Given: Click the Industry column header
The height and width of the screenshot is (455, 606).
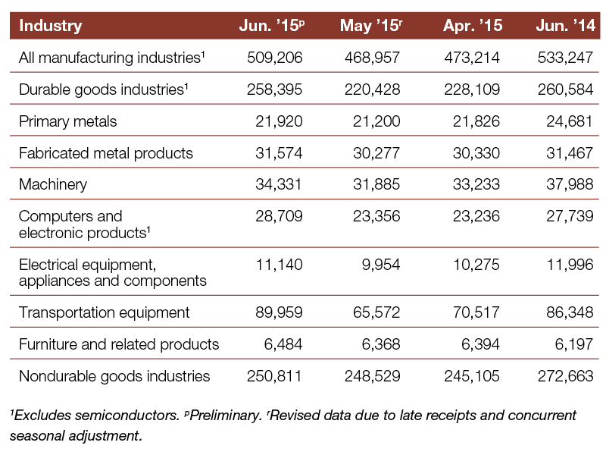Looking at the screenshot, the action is coord(51,26).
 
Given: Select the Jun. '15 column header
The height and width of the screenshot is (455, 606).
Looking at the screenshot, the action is coord(272,26).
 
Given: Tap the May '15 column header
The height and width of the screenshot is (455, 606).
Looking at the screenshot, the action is coord(371,26).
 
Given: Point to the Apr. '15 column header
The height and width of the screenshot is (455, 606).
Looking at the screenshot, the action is coord(473,26).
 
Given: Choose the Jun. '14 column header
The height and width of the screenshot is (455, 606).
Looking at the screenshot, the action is coord(565,26).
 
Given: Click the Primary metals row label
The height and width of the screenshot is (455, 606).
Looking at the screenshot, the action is coord(67,121).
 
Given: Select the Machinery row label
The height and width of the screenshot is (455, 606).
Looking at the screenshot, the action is coord(53,184).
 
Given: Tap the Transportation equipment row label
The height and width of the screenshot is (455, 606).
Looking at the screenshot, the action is coord(105,312).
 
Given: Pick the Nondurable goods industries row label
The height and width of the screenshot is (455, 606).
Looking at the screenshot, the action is coord(114,376).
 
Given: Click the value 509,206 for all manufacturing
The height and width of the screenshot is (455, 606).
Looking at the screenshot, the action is coord(275,58).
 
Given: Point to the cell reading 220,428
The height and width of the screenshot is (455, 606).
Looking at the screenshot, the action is coord(372,89).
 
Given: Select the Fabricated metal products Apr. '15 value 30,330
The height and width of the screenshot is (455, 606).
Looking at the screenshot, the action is coord(476,153).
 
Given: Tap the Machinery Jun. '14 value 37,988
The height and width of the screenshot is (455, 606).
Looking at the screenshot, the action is coord(570,184).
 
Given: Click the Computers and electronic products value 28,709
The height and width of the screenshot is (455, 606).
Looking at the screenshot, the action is coord(279,216).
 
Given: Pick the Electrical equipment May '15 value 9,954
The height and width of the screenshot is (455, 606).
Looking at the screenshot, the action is coord(381,265).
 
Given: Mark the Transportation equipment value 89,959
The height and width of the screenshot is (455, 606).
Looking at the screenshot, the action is coord(279,312).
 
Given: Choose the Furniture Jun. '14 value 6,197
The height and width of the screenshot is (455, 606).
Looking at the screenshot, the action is coord(574,344).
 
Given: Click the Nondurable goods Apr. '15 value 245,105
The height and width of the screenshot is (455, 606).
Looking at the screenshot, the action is coord(472,376).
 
